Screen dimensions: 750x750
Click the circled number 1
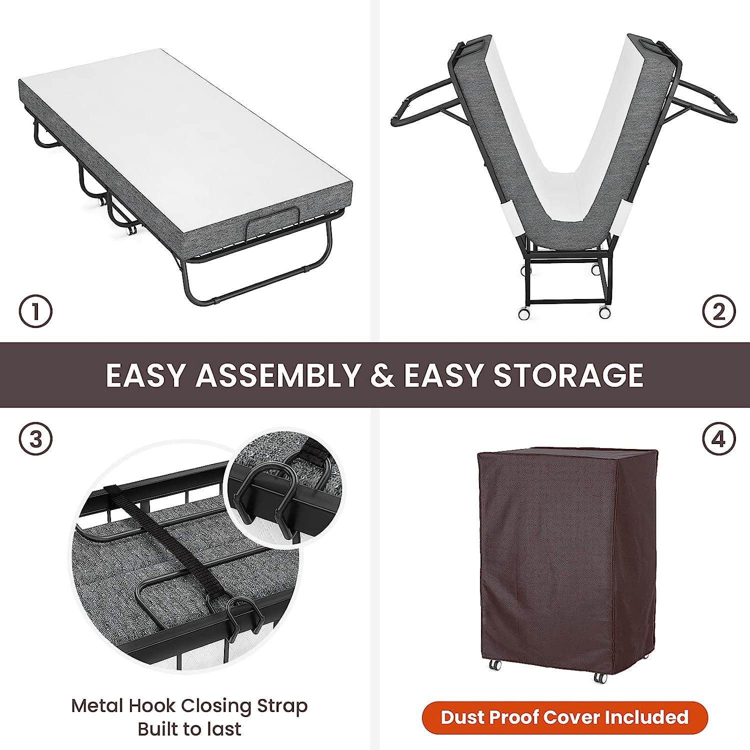tap(35, 312)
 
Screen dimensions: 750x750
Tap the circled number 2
tap(718, 312)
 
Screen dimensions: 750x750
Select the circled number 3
tap(35, 439)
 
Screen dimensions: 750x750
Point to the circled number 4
tap(718, 439)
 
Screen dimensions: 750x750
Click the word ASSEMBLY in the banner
tap(277, 375)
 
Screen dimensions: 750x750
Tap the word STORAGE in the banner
tap(569, 375)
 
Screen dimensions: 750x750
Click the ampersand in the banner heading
tap(381, 375)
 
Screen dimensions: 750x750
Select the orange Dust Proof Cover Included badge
tap(564, 717)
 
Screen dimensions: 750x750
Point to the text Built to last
tap(189, 729)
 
